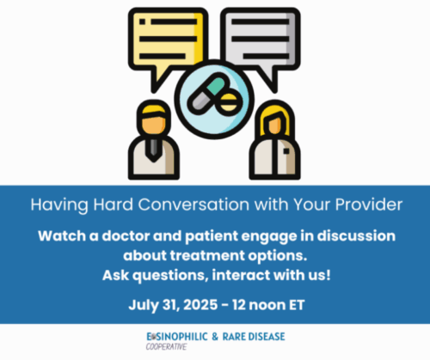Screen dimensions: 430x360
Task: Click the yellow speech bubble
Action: [168, 39]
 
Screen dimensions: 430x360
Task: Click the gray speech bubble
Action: [261, 39]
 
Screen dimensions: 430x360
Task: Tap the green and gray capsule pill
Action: [206, 94]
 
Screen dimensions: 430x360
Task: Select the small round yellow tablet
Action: [229, 102]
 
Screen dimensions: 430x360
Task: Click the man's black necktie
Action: [153, 149]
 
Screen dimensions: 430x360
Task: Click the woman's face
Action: [274, 125]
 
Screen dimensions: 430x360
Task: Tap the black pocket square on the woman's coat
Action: [286, 151]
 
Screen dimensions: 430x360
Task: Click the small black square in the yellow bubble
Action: [142, 21]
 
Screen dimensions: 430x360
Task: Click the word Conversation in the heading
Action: [193, 204]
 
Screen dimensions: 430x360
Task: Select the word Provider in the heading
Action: [369, 204]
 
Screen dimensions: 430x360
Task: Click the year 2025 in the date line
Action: [200, 305]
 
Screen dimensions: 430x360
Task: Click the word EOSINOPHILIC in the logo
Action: [177, 337]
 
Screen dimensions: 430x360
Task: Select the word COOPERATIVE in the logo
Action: [166, 347]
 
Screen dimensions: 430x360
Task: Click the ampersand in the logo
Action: [215, 337]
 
